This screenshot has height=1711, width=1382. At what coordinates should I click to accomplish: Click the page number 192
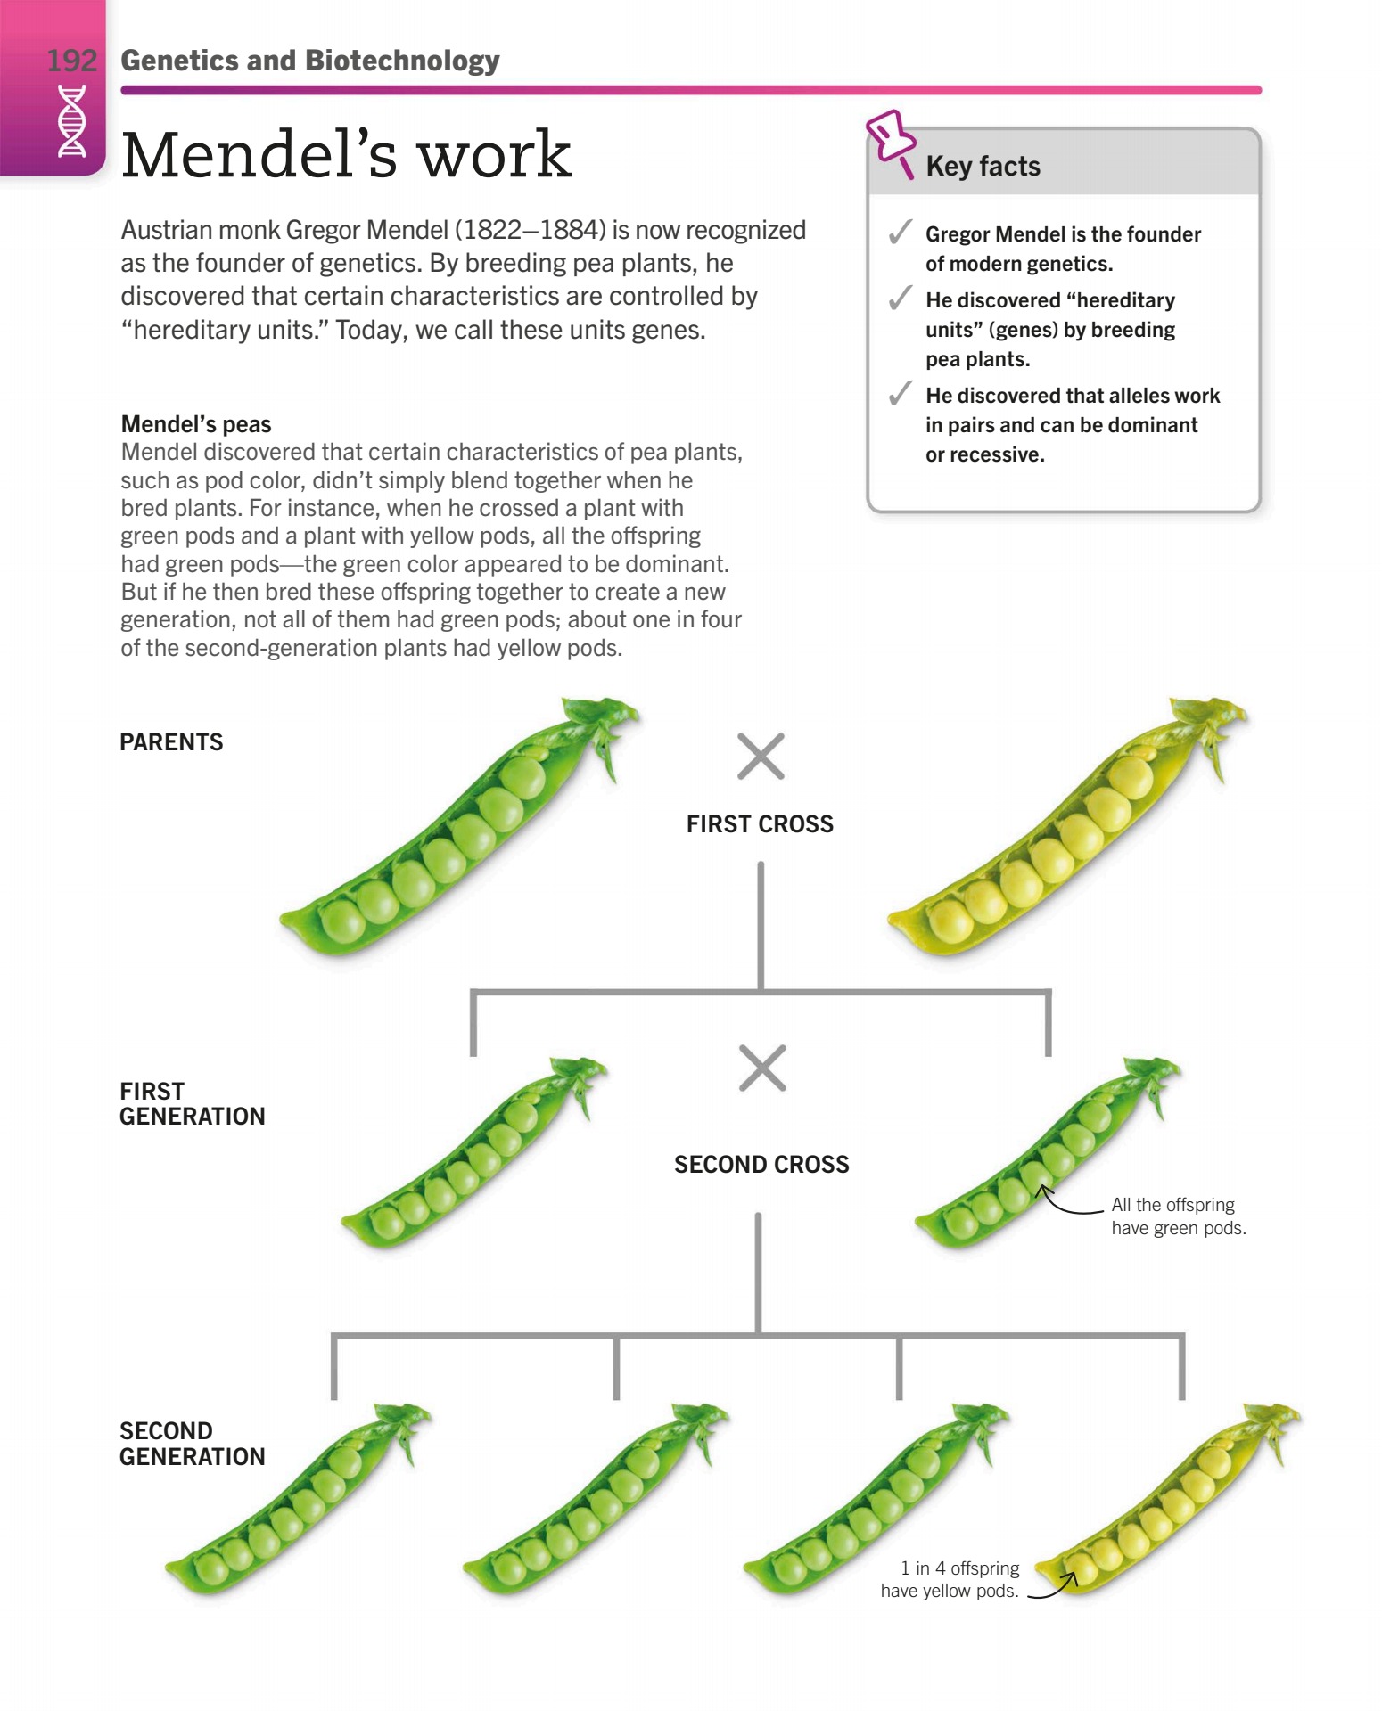click(71, 61)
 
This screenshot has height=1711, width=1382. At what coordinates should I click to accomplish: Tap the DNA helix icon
click(72, 121)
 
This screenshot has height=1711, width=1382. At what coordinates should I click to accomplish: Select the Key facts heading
click(983, 167)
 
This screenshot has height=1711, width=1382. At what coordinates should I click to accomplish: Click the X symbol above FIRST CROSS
click(761, 757)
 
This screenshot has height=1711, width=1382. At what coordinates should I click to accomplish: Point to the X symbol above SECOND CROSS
click(762, 1068)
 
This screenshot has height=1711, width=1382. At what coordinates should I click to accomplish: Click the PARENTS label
click(171, 742)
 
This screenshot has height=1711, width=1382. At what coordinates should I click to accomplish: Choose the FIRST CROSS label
click(760, 824)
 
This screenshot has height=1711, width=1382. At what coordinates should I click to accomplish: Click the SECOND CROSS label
click(761, 1165)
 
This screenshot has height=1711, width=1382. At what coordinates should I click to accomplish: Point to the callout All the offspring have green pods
click(1177, 1216)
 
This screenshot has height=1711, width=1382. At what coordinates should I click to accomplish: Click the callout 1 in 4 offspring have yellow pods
click(950, 1579)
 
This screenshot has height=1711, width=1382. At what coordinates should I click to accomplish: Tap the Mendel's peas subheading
click(196, 424)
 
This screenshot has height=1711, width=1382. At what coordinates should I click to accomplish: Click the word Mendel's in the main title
click(259, 156)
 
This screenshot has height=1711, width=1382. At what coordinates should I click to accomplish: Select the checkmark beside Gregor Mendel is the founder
click(900, 233)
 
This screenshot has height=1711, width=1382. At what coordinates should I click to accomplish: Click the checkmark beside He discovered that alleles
click(900, 393)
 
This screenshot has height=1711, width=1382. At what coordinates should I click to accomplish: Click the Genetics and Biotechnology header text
click(309, 61)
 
